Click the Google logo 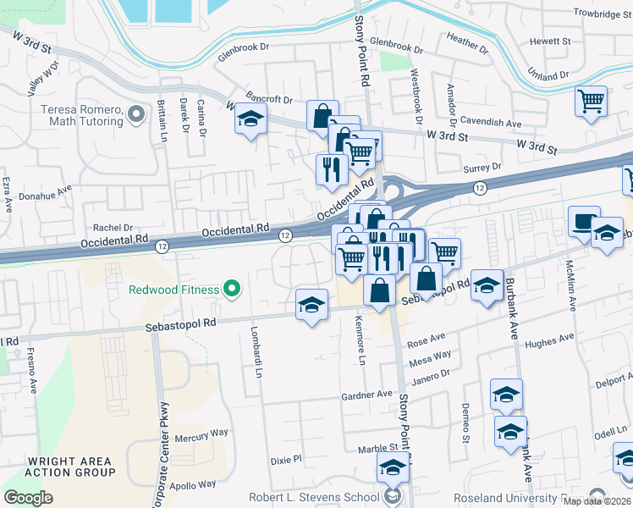(29, 498)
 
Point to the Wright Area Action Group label (71, 467)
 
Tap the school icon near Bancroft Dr (250, 121)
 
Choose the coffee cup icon (584, 222)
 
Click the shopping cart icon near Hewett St (591, 101)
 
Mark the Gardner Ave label (367, 395)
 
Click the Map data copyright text (597, 501)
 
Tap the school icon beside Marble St (393, 467)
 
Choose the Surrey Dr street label (482, 168)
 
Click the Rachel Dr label (113, 228)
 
